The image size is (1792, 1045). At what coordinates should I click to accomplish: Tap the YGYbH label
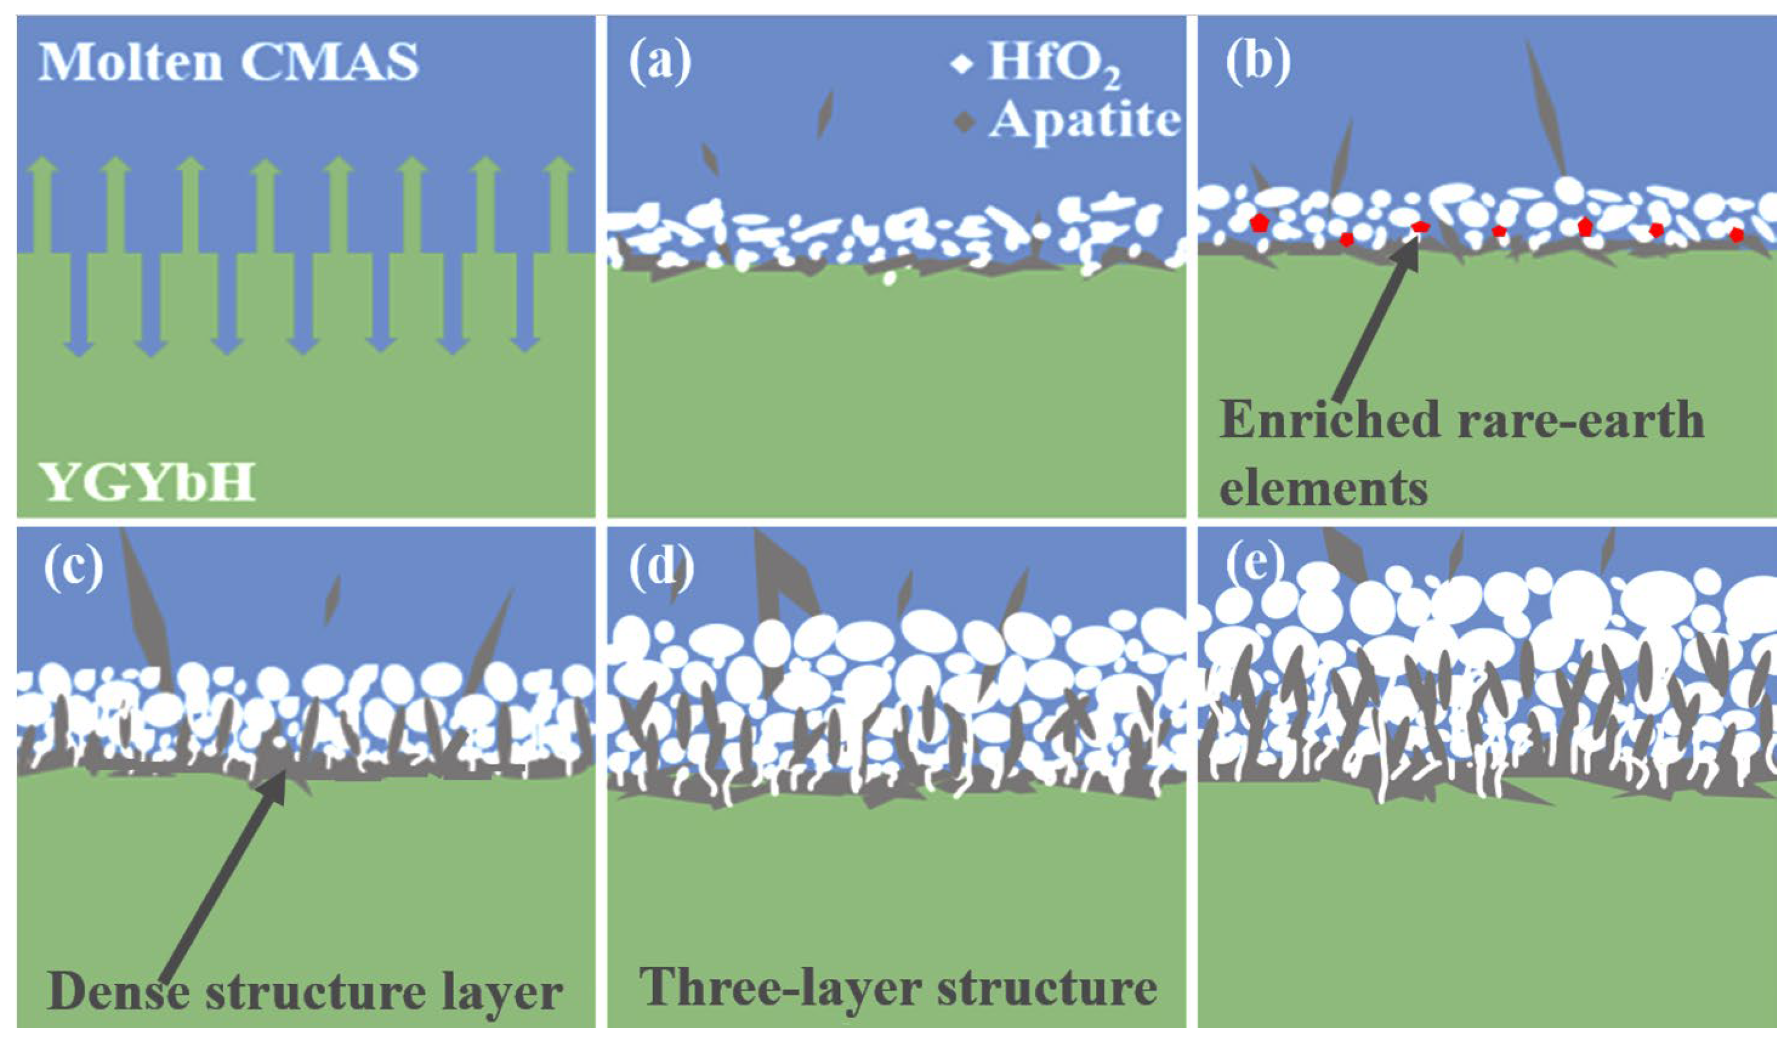[x=148, y=482]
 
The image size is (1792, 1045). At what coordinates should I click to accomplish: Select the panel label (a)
[x=659, y=63]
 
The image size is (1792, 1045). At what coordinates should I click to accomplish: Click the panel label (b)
[x=1258, y=63]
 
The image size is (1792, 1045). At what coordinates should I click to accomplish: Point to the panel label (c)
[x=73, y=569]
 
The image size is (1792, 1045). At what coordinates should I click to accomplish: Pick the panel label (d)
[x=661, y=569]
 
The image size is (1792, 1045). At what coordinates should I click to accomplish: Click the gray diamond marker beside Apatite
[x=963, y=122]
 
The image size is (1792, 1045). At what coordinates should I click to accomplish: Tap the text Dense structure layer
[x=304, y=991]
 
